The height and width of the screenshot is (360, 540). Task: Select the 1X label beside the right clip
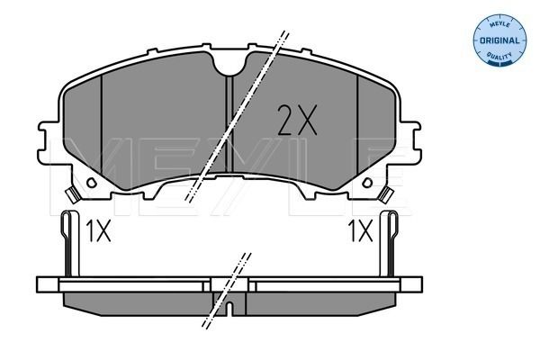(x=360, y=232)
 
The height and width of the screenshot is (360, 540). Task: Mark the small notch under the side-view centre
(x=230, y=311)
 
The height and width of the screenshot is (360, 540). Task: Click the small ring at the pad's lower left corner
(x=73, y=193)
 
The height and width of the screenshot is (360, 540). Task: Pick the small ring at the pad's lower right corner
(x=387, y=193)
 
